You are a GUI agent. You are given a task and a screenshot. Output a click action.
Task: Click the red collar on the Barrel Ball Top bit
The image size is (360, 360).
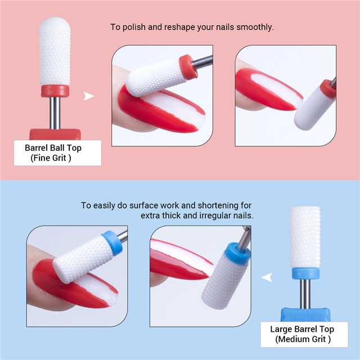click(55, 91)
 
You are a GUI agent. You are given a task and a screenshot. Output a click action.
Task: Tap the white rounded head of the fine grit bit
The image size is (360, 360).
click(55, 51)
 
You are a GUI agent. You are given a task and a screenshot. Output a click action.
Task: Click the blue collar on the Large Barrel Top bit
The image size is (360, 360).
click(305, 273)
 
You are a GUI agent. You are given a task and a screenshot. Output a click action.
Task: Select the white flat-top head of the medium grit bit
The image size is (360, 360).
click(305, 236)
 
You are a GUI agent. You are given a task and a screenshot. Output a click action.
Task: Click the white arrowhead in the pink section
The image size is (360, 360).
click(89, 96)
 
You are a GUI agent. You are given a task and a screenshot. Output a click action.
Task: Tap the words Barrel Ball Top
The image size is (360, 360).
click(57, 149)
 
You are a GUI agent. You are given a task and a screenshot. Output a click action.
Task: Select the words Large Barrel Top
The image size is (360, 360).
click(301, 329)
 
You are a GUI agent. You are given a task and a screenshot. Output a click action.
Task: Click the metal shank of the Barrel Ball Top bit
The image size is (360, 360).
click(55, 112)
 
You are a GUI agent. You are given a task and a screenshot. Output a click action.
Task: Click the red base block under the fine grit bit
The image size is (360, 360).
click(55, 134)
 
